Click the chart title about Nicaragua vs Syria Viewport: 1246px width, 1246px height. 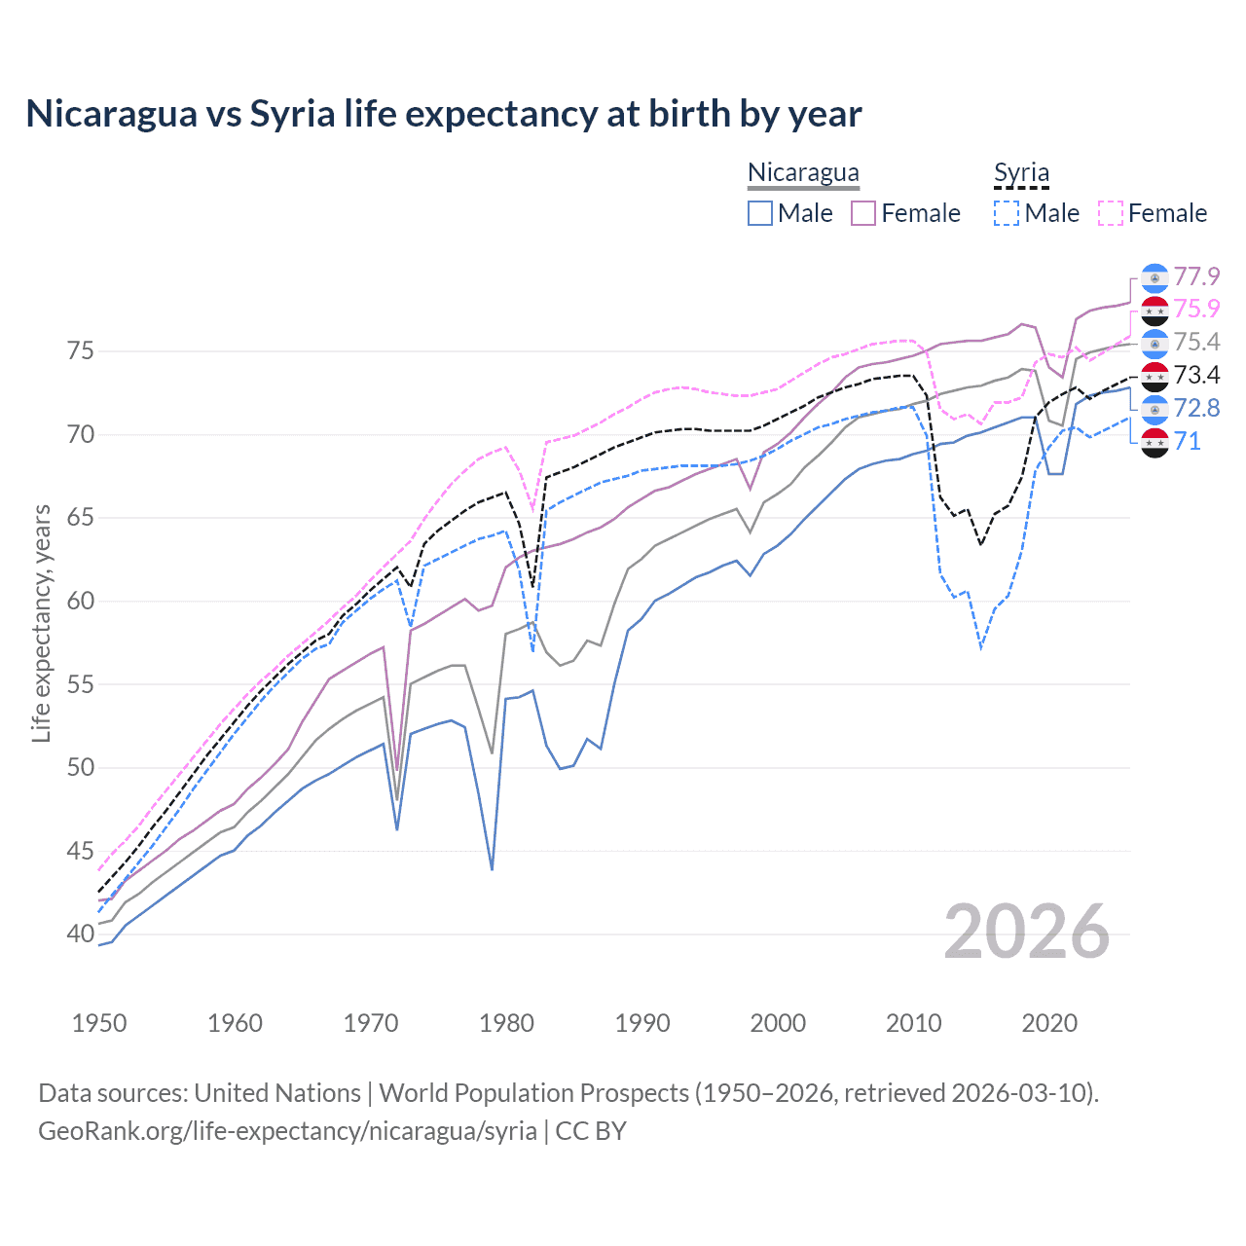[x=444, y=114]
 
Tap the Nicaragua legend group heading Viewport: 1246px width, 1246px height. [x=803, y=172]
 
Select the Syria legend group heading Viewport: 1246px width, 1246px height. [x=1021, y=172]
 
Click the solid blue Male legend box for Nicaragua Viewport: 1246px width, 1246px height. [x=760, y=213]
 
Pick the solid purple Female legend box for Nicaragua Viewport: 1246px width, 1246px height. [x=863, y=213]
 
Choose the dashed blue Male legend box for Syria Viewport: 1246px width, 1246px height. [x=1007, y=213]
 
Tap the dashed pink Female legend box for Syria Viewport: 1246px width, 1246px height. [x=1111, y=213]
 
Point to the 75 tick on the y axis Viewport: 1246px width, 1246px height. [x=81, y=350]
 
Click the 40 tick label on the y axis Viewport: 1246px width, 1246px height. [x=81, y=934]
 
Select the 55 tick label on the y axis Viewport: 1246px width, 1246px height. [x=81, y=684]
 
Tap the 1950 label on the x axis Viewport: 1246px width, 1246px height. [x=99, y=1023]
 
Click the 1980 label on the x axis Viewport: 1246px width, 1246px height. [x=506, y=1023]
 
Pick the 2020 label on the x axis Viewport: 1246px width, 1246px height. [x=1049, y=1023]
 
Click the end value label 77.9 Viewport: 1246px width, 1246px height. [x=1196, y=277]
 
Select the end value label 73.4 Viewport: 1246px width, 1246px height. [x=1196, y=376]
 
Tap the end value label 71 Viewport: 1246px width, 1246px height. [x=1187, y=442]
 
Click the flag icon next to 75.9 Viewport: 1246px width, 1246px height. [x=1154, y=311]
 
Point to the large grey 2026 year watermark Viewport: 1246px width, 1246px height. [x=1027, y=932]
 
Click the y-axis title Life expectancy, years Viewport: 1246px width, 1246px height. [x=41, y=623]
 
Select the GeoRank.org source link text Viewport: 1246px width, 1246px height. [x=287, y=1130]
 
